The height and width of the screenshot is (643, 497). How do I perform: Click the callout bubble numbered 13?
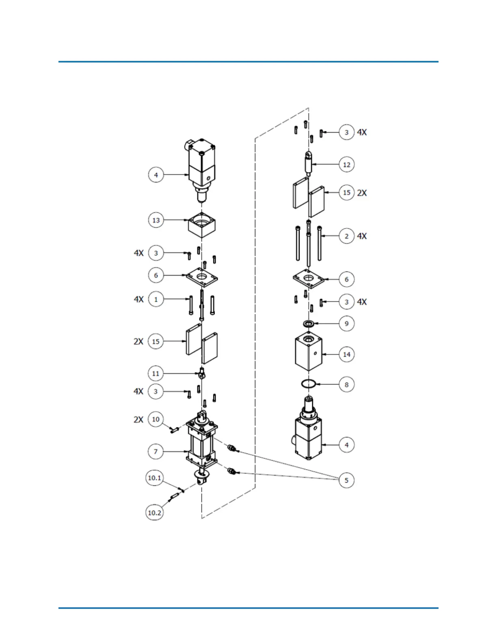click(x=156, y=220)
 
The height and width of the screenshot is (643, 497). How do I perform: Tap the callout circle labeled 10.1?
click(x=154, y=478)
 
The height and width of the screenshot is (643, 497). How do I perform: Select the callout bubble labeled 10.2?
click(x=154, y=513)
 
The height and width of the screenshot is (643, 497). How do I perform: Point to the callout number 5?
click(x=346, y=480)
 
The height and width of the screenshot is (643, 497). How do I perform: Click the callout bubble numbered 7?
click(x=156, y=451)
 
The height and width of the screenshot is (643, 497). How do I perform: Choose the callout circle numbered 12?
click(x=346, y=165)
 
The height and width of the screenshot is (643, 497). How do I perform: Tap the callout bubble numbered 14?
click(x=346, y=354)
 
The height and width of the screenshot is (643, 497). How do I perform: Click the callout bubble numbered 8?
click(x=346, y=385)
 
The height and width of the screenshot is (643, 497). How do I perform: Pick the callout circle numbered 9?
click(x=346, y=324)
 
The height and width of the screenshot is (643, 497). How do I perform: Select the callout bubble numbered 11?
click(x=156, y=373)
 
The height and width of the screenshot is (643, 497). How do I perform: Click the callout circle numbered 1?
click(x=156, y=300)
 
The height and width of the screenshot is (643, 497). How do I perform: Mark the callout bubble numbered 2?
click(x=346, y=236)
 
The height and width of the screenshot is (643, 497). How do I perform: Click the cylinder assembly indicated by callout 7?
click(x=202, y=447)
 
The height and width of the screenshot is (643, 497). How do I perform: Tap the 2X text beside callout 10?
click(x=138, y=419)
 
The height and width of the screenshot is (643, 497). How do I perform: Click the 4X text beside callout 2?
click(x=362, y=236)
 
